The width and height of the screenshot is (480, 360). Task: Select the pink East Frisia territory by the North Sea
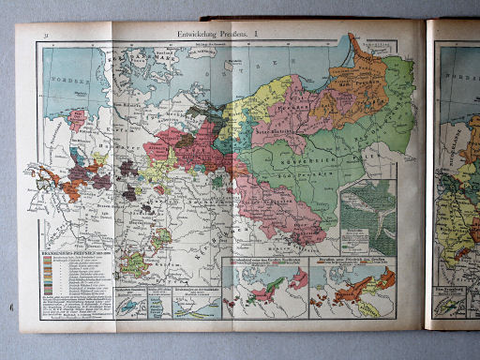pyautogui.click(x=77, y=120)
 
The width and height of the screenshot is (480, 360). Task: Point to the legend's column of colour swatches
pyautogui.click(x=48, y=273)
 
